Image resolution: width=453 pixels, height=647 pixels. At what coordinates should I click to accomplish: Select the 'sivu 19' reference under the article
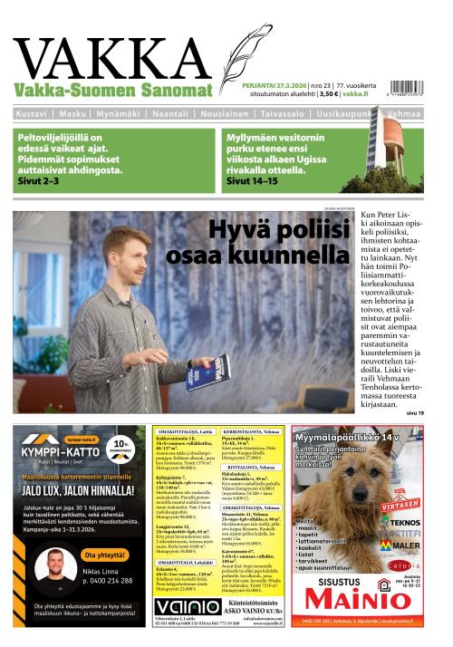414,413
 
